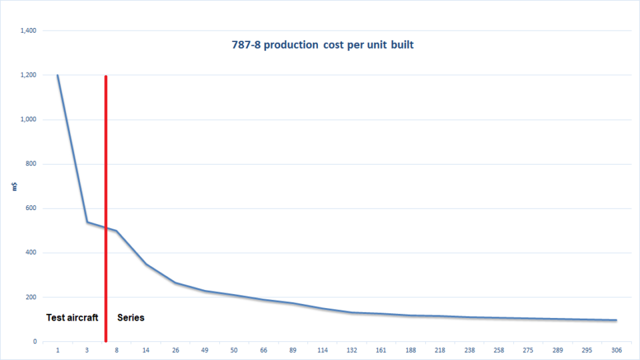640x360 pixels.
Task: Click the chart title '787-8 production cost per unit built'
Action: click(x=319, y=46)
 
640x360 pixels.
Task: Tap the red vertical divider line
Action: click(x=106, y=200)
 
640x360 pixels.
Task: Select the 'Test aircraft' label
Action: click(x=72, y=317)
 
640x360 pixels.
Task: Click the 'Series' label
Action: click(x=131, y=317)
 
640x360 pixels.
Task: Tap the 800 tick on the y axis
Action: click(x=31, y=164)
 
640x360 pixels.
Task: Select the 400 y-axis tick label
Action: click(x=31, y=253)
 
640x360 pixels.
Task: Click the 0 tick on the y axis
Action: click(x=35, y=341)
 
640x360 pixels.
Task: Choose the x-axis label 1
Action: click(x=58, y=350)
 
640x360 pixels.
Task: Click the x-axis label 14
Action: click(x=145, y=350)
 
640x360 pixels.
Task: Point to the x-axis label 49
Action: click(x=204, y=350)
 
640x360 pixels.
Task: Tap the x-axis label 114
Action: click(x=323, y=350)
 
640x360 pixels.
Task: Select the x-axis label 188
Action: click(x=411, y=350)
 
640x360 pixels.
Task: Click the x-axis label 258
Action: click(x=499, y=350)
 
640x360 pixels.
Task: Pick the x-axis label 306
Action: click(x=616, y=350)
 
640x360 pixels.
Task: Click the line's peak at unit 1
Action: click(x=58, y=75)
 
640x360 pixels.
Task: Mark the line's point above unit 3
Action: click(x=87, y=222)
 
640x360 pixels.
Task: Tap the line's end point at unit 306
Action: click(x=616, y=320)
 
